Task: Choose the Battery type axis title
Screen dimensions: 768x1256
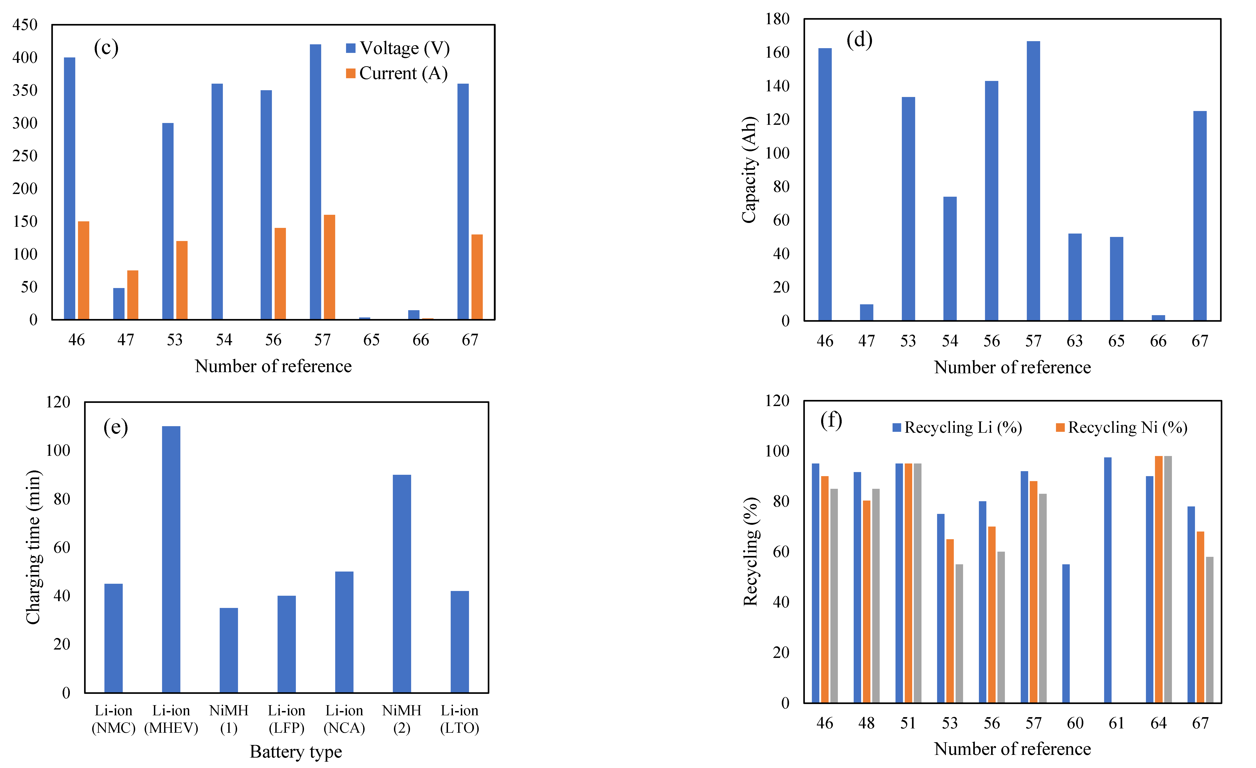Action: point(296,752)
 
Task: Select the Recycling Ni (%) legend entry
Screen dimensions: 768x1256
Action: point(1122,427)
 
